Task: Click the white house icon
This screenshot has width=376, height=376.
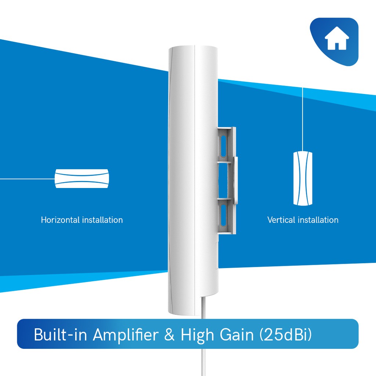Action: pyautogui.click(x=336, y=40)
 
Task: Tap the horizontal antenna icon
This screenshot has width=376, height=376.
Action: pyautogui.click(x=82, y=178)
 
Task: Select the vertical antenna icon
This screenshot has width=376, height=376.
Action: pyautogui.click(x=303, y=178)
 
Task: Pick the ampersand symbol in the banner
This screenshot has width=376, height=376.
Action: pyautogui.click(x=170, y=335)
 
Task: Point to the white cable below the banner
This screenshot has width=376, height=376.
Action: pyautogui.click(x=203, y=362)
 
